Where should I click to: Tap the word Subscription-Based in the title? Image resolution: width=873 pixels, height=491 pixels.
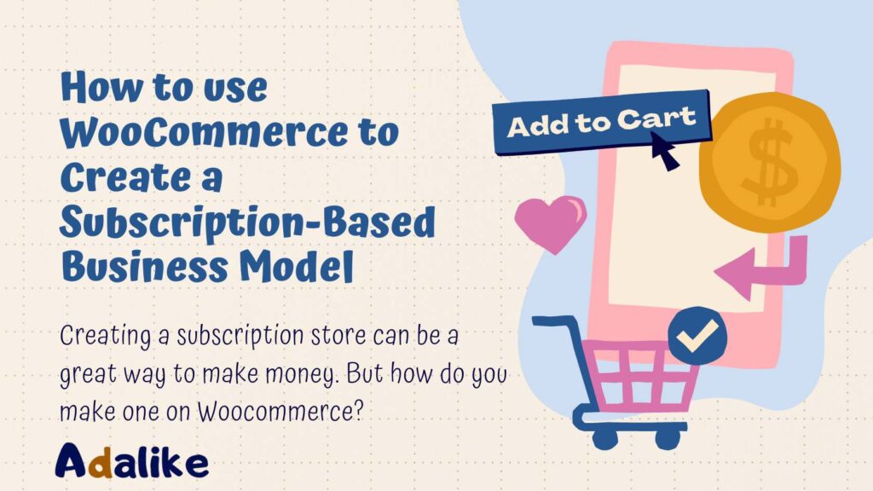coord(247,223)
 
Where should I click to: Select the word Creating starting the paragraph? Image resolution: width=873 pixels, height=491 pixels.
coord(104,334)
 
